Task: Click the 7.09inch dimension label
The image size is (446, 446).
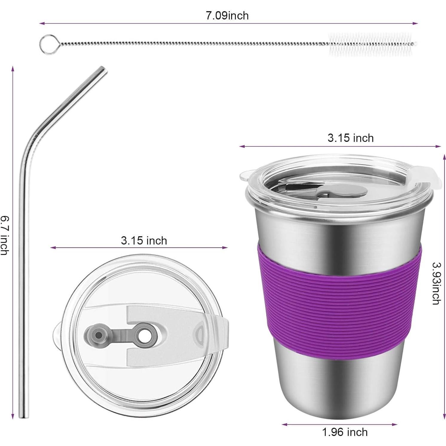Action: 227,15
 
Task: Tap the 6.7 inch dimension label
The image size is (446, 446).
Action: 4,236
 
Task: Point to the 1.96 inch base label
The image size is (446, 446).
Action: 345,432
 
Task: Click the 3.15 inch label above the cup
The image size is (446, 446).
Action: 350,138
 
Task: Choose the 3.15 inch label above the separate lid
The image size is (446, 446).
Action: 144,240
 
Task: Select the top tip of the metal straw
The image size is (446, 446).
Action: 103,69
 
